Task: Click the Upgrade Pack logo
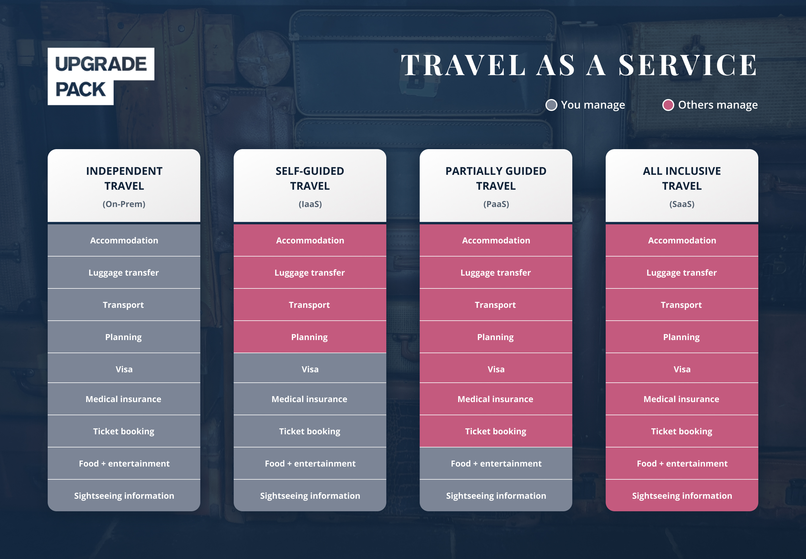(x=101, y=76)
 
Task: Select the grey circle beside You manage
(x=551, y=105)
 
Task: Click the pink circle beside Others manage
(x=668, y=105)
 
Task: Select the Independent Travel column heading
(x=124, y=178)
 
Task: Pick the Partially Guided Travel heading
(x=496, y=178)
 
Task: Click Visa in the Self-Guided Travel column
(x=310, y=369)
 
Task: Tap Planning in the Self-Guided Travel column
(x=309, y=337)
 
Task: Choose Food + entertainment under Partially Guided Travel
(x=496, y=463)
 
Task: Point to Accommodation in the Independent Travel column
(x=124, y=240)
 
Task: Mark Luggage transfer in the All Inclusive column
(x=681, y=273)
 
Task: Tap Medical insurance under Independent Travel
(x=123, y=399)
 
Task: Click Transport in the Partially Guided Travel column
(x=495, y=305)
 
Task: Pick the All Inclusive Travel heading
(x=682, y=178)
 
